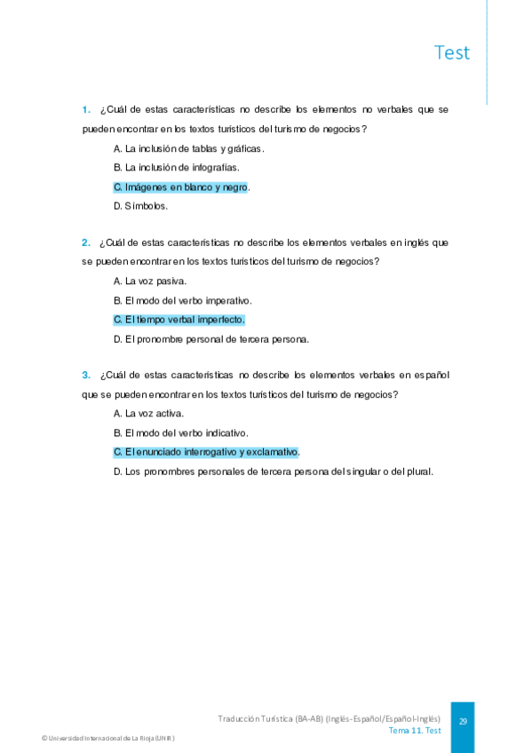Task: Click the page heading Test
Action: tap(452, 52)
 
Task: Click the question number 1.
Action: tap(86, 110)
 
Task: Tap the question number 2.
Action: tap(86, 242)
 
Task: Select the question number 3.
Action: tap(86, 375)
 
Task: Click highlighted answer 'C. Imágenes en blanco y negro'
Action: tap(180, 187)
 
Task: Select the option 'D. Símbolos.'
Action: tap(140, 207)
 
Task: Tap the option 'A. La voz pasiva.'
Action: tap(150, 281)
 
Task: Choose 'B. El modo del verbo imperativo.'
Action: tap(183, 300)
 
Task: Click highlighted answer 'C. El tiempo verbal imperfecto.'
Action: tap(179, 320)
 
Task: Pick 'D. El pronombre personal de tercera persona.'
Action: tap(211, 339)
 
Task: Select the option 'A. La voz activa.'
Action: tap(149, 413)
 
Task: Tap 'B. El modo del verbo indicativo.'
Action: tap(180, 432)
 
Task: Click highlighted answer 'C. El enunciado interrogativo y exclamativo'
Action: tap(206, 452)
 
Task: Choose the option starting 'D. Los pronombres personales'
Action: tap(274, 472)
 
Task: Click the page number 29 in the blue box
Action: tap(463, 722)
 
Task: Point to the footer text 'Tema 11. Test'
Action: tap(414, 730)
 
